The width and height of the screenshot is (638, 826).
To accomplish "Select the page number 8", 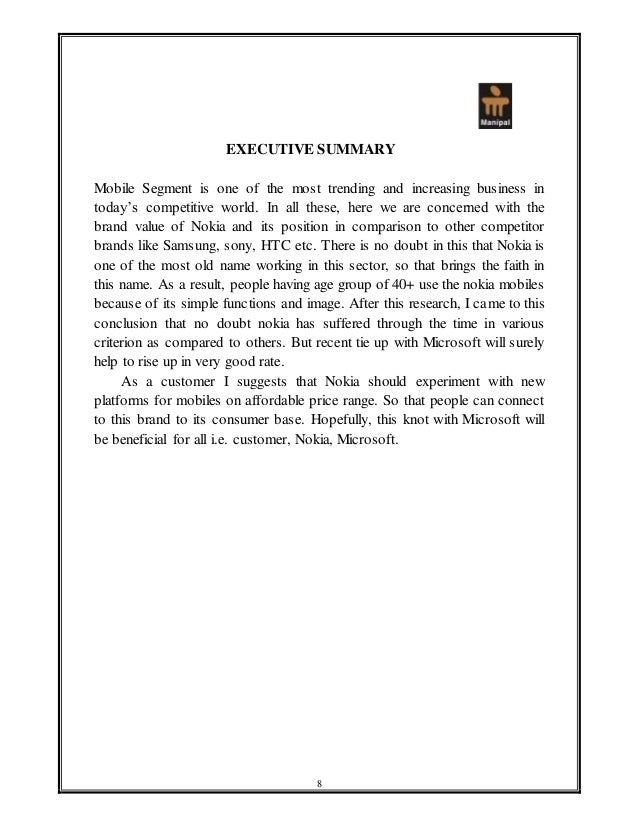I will click(x=318, y=781).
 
